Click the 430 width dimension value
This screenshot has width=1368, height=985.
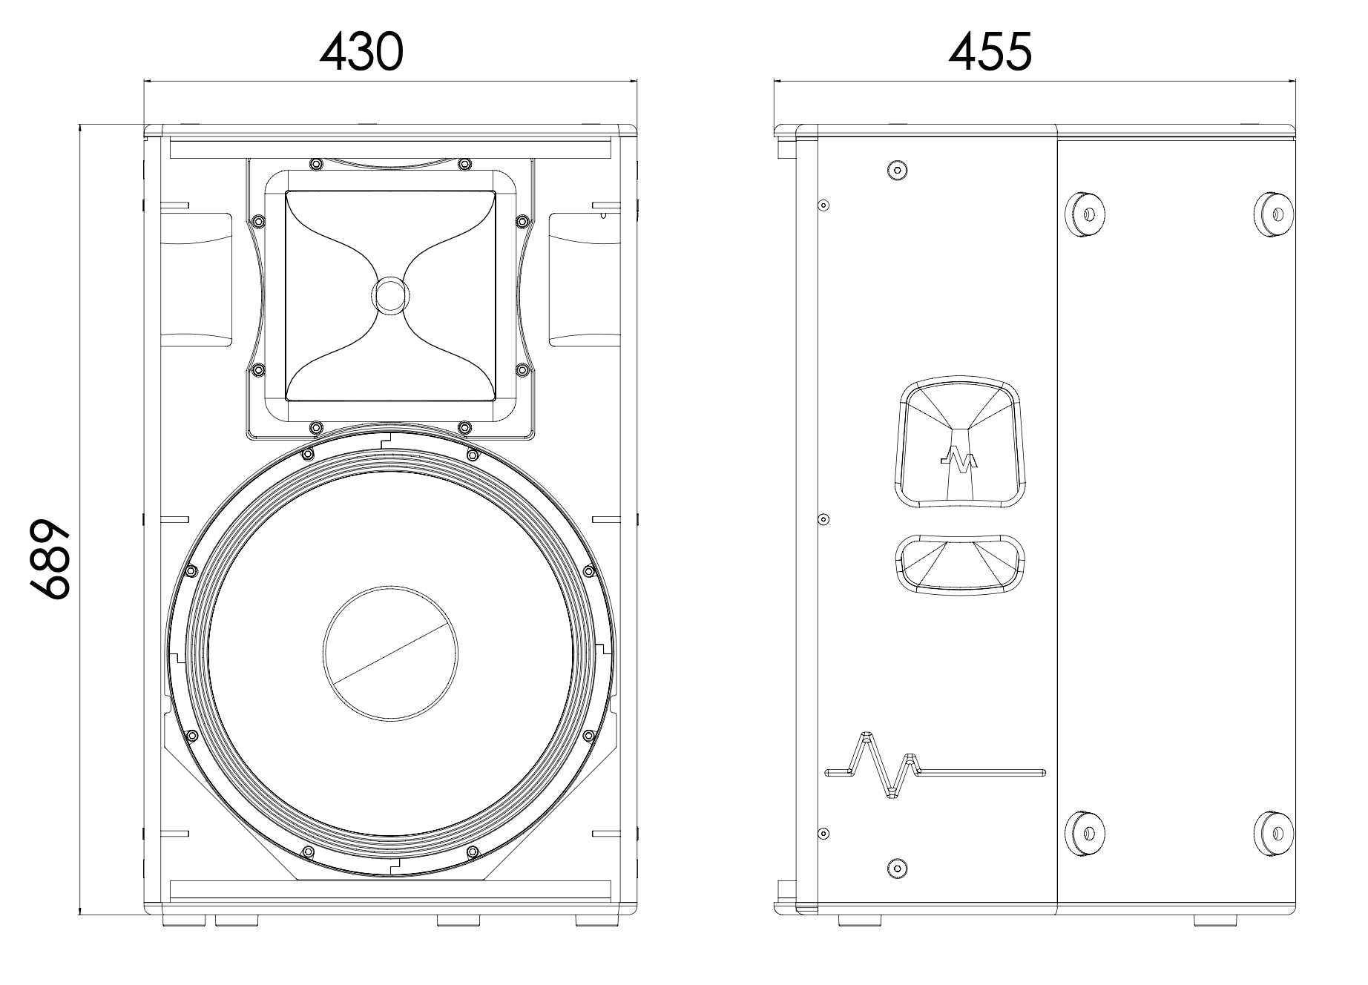pyautogui.click(x=362, y=53)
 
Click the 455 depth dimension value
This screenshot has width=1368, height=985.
pyautogui.click(x=990, y=53)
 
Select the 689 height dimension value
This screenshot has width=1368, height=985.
pyautogui.click(x=50, y=558)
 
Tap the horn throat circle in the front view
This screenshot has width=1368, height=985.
pyautogui.click(x=390, y=294)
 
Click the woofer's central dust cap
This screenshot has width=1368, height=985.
pyautogui.click(x=390, y=653)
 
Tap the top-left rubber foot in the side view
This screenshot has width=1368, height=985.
pyautogui.click(x=1085, y=214)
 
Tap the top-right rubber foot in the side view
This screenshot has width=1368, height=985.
pyautogui.click(x=1273, y=214)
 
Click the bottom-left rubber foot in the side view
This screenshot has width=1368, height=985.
pyautogui.click(x=1085, y=834)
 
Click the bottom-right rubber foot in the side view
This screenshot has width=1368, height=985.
pyautogui.click(x=1273, y=834)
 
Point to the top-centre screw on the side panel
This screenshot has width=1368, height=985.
pyautogui.click(x=898, y=171)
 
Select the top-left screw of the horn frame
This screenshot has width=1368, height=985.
pyautogui.click(x=315, y=164)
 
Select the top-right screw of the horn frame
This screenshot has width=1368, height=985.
pyautogui.click(x=465, y=164)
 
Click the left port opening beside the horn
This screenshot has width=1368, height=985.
pyautogui.click(x=197, y=280)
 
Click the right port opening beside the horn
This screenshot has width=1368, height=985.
pyautogui.click(x=585, y=280)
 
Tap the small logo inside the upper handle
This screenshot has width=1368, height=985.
pyautogui.click(x=958, y=460)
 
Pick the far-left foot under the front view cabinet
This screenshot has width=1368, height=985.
pyautogui.click(x=185, y=920)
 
